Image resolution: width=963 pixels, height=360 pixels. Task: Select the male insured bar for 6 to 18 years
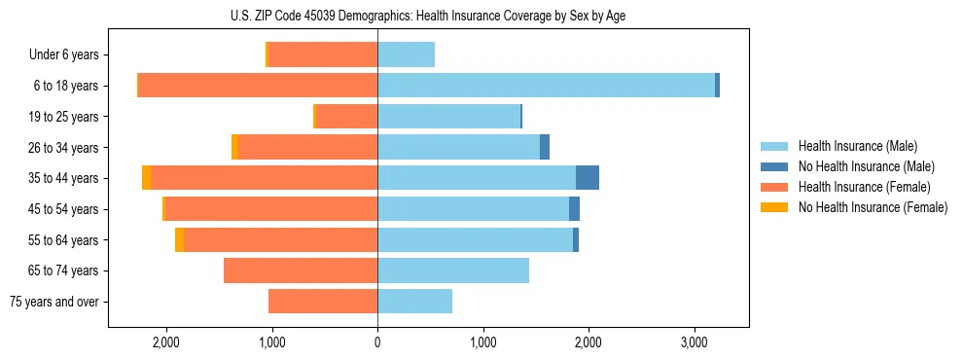[546, 86]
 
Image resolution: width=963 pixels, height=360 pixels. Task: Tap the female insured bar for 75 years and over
[323, 302]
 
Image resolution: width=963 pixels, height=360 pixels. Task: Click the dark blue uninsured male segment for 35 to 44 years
[588, 178]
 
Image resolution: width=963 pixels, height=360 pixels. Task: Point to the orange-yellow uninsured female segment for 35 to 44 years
[146, 178]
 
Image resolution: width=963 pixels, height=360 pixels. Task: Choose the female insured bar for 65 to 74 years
[301, 270]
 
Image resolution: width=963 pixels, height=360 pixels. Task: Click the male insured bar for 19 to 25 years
[448, 117]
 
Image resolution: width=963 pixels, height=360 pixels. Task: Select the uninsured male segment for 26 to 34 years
[545, 147]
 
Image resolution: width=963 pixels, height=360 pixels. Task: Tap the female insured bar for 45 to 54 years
[271, 209]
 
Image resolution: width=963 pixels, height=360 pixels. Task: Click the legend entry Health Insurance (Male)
[857, 146]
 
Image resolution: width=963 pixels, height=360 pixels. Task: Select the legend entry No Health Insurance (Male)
[866, 166]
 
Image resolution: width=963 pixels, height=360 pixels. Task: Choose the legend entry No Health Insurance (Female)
[873, 207]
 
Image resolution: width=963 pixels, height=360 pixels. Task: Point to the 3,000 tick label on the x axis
[694, 343]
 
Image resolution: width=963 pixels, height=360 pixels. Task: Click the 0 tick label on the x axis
[377, 343]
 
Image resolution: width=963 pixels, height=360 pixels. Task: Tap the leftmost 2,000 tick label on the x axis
[166, 343]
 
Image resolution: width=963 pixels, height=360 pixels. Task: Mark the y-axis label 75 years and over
[53, 302]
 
